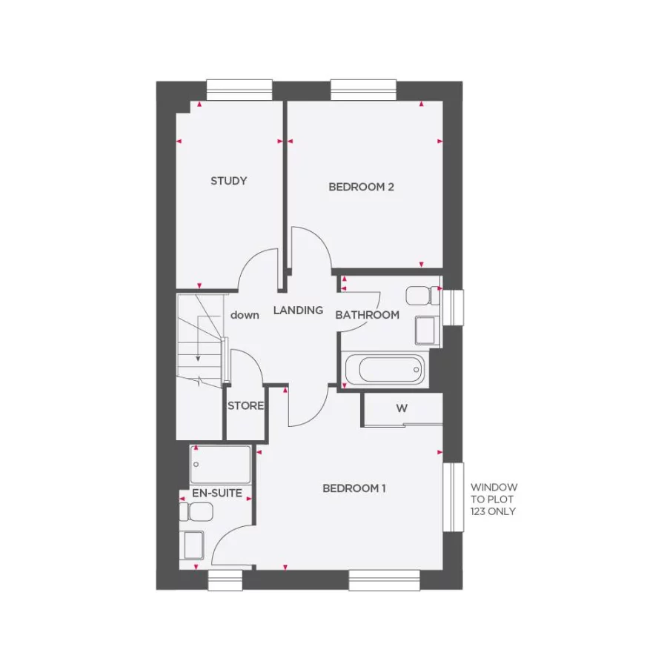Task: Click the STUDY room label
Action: [x=228, y=181]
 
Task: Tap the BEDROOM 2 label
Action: [x=361, y=187]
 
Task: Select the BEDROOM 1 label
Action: [x=355, y=488]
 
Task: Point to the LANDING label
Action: [x=298, y=311]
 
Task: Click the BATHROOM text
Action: [x=367, y=315]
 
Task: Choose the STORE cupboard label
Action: [x=245, y=406]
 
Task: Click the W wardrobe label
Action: [x=402, y=408]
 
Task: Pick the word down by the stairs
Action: [x=245, y=315]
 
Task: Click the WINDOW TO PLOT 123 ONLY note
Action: [x=494, y=500]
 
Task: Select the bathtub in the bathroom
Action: [x=385, y=368]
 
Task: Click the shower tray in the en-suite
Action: [x=221, y=465]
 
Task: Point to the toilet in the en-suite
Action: [x=199, y=511]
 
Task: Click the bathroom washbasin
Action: [x=425, y=331]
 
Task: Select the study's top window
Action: [x=239, y=90]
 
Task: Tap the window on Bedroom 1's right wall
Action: [x=454, y=497]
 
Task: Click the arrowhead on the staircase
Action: [x=198, y=359]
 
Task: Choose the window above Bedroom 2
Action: [x=364, y=90]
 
